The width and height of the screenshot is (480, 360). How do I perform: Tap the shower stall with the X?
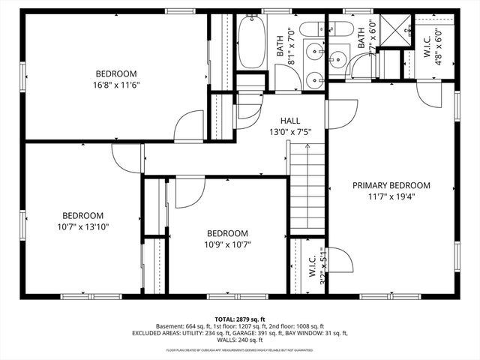point(390,31)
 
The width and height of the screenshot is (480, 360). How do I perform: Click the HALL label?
point(290,121)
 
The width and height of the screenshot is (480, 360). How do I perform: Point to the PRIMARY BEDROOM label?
point(391,185)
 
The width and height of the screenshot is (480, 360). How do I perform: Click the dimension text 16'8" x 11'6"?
point(117,85)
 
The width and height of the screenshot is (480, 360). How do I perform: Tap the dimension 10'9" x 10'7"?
point(227,244)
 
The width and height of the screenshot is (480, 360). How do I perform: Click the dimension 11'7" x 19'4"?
point(391,197)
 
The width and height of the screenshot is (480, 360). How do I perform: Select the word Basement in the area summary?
point(172,326)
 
